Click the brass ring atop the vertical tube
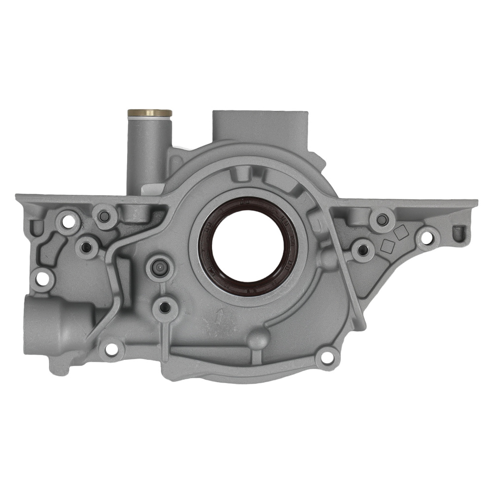coord(149,113)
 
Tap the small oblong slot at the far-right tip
coord(459,231)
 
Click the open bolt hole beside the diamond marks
coord(426,238)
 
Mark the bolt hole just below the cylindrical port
coord(111,349)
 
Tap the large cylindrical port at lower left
coord(54,320)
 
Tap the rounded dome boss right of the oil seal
coord(326,257)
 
